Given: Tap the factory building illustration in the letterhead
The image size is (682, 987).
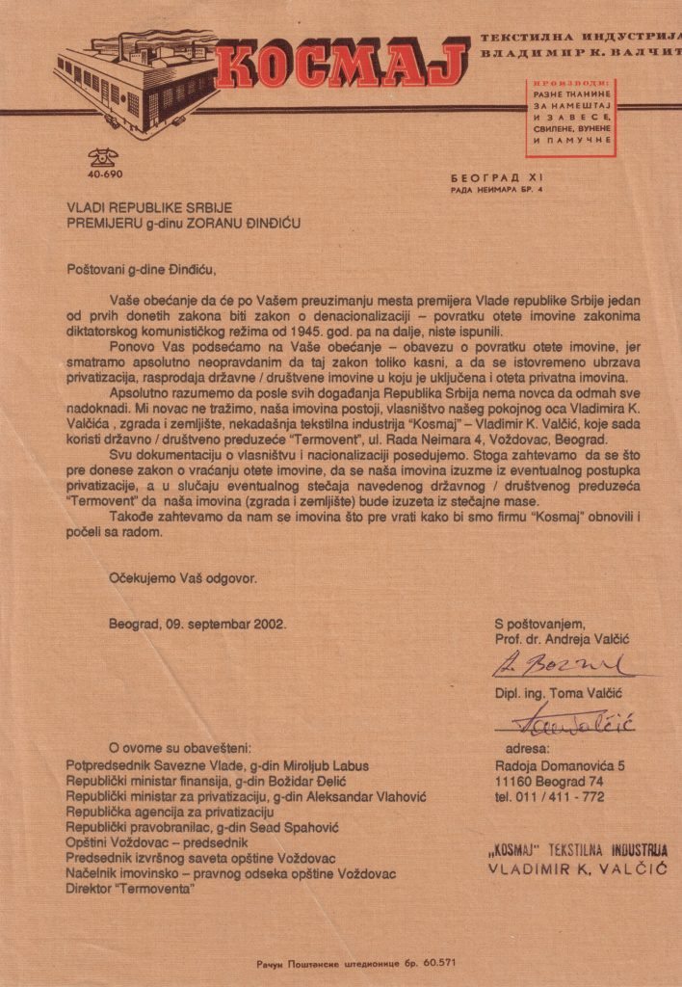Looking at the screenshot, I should point(135,81).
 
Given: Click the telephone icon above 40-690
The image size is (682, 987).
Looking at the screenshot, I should point(99,158).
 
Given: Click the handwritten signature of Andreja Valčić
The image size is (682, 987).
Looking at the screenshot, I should point(559,664).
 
